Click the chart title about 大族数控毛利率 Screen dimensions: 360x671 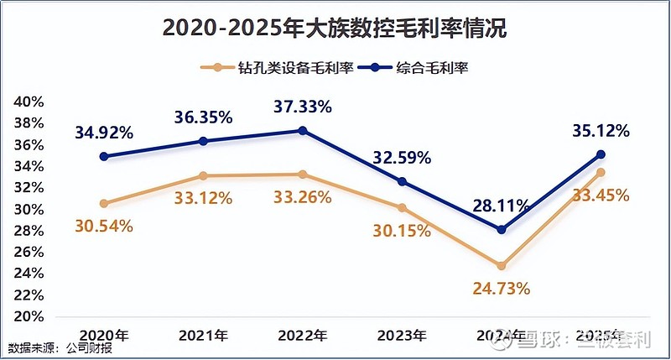pyautogui.click(x=335, y=28)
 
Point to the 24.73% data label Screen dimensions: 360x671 pyautogui.click(x=501, y=288)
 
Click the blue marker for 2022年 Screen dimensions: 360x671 pyautogui.click(x=303, y=131)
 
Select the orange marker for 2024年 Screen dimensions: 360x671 pyautogui.click(x=502, y=265)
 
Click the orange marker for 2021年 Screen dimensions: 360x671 pyautogui.click(x=203, y=175)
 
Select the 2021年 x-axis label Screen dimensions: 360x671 pyautogui.click(x=203, y=335)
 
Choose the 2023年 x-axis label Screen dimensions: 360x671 pyautogui.click(x=402, y=335)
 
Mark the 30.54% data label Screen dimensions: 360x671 pyautogui.click(x=104, y=226)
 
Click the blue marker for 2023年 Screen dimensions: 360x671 pyautogui.click(x=402, y=181)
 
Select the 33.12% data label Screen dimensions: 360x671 pyautogui.click(x=203, y=198)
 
